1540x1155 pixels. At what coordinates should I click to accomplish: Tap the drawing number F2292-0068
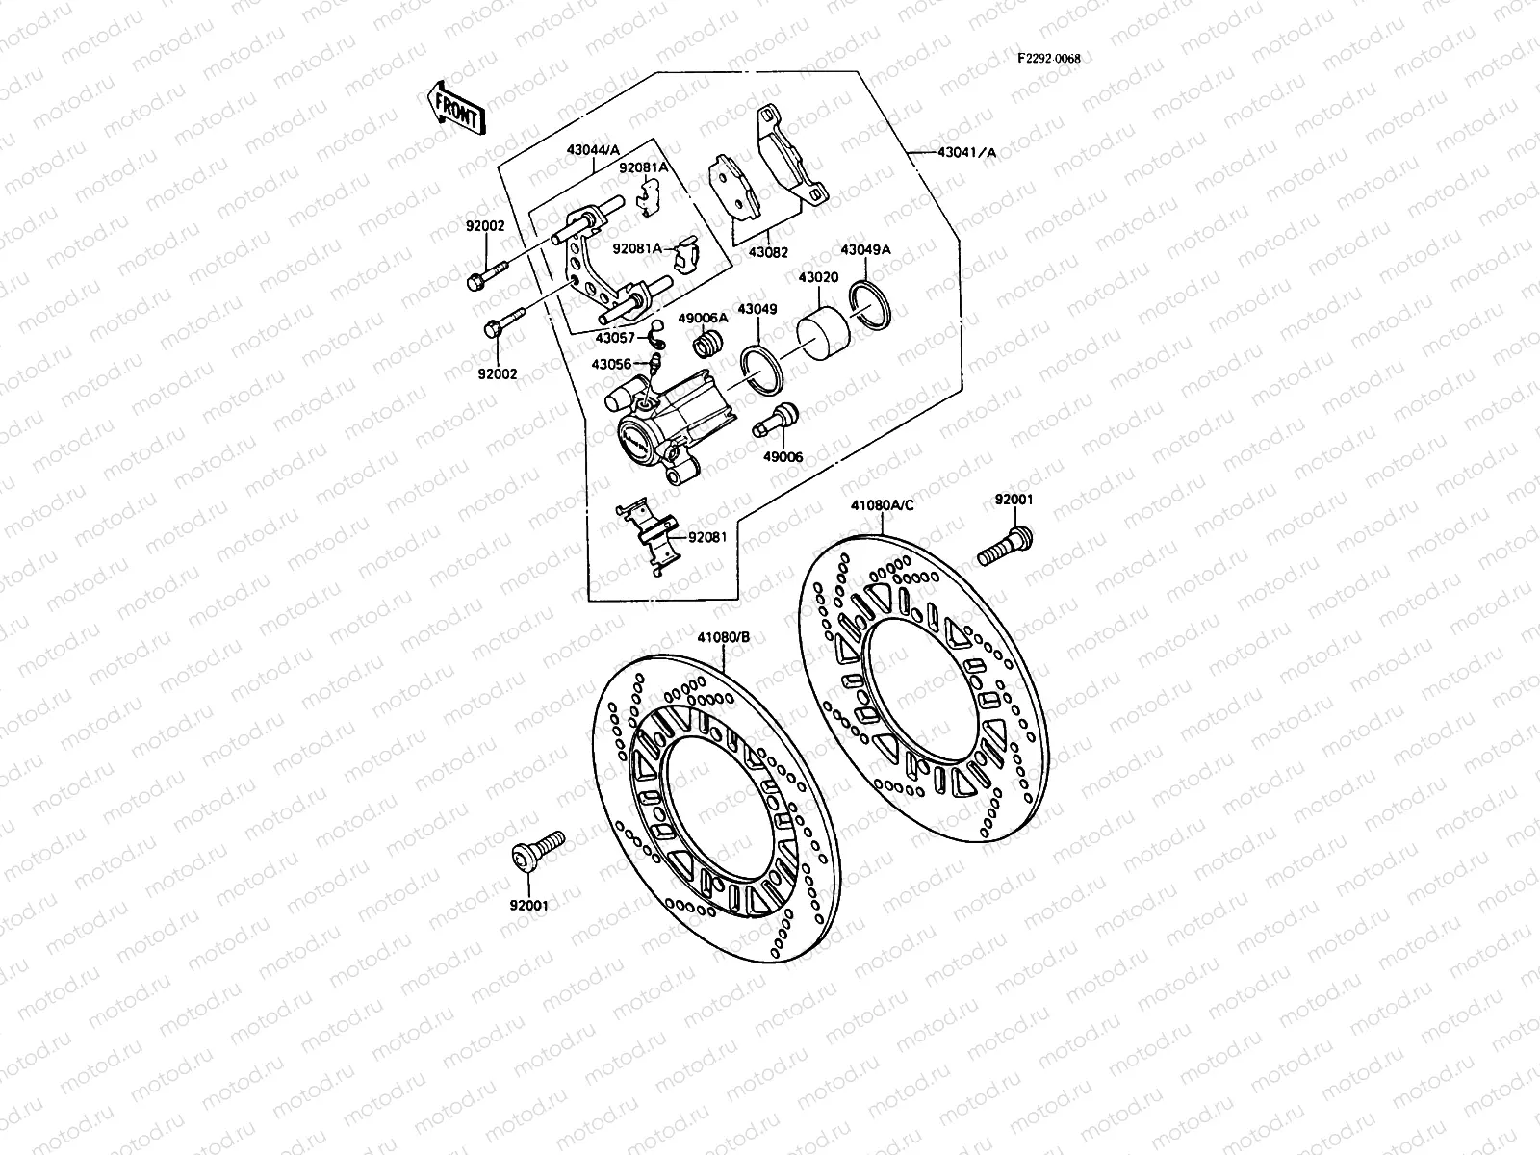[x=1048, y=59]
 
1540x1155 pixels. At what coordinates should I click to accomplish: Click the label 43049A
[x=865, y=249]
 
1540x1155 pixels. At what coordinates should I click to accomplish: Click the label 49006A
[x=702, y=317]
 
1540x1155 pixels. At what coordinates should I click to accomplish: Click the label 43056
[x=612, y=364]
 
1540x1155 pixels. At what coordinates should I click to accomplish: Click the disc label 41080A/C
[x=882, y=503]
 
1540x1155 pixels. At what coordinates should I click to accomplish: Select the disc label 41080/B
[x=725, y=636]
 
